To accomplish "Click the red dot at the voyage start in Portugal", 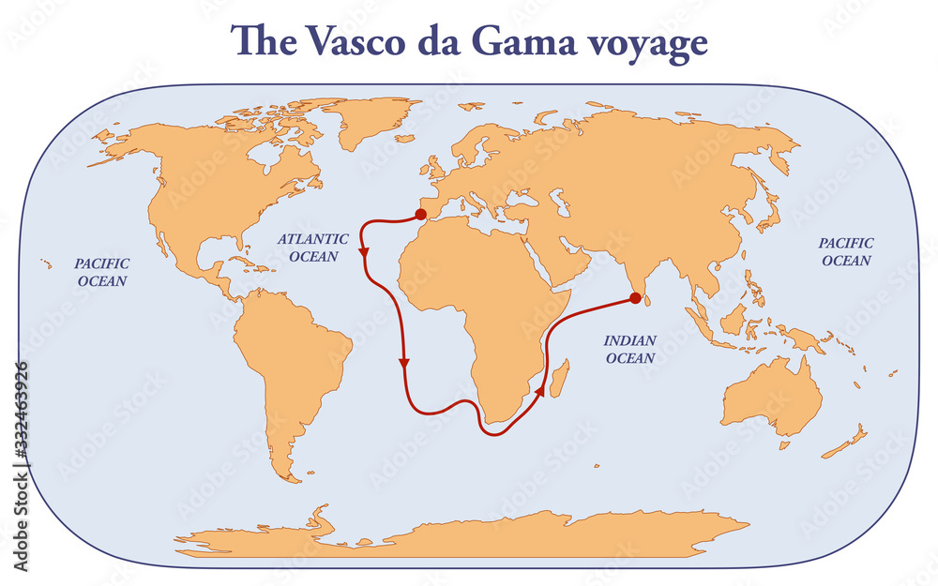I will tap(408, 214).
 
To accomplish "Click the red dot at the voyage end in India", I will tap(635, 298).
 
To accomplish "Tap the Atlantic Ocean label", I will tap(307, 248).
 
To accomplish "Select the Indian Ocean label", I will tap(630, 349).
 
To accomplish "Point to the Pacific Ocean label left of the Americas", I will tap(102, 272).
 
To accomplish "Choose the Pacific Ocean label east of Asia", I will tap(846, 251).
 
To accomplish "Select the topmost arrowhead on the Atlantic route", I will tap(363, 253).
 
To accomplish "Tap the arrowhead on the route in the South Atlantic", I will tap(404, 361).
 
